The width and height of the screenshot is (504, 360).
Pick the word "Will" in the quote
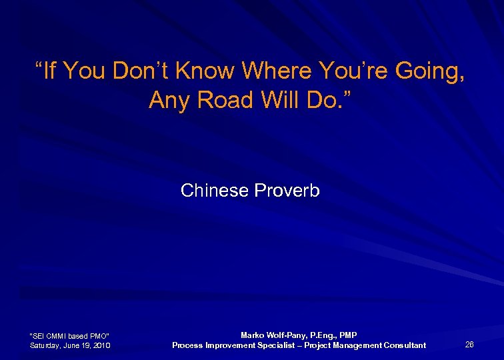click(x=272, y=100)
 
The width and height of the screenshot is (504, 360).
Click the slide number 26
click(x=469, y=345)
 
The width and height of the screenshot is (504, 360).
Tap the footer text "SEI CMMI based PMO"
click(x=70, y=335)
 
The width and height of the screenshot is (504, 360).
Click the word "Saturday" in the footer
click(x=46, y=345)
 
